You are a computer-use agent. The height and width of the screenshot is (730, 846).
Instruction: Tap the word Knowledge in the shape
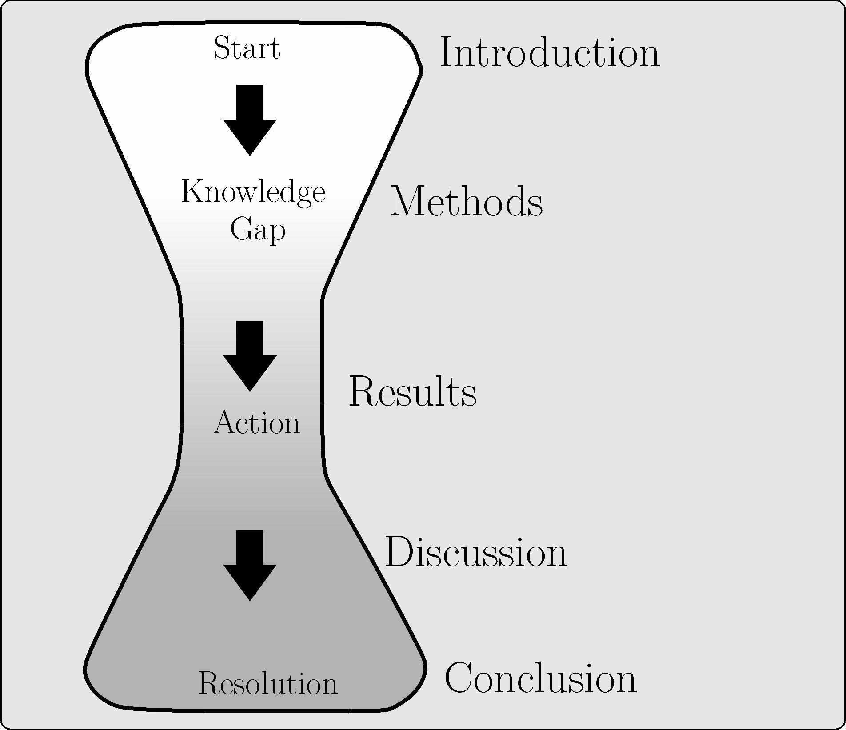tap(253, 192)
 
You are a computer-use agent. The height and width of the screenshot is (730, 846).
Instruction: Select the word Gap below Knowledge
tap(258, 230)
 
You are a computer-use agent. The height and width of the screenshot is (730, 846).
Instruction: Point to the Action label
tap(257, 423)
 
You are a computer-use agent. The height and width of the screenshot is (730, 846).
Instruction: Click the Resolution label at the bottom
tap(267, 683)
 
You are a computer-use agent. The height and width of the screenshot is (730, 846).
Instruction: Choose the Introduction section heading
tap(549, 53)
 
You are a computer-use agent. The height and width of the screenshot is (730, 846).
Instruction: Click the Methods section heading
tap(466, 202)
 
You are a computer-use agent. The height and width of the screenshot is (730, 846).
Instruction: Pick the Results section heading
tap(413, 392)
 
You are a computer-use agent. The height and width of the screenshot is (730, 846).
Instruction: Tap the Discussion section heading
tap(476, 552)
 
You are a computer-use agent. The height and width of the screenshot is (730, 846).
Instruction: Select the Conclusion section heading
tap(540, 678)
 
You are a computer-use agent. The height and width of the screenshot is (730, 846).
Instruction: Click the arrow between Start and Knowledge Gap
tap(250, 120)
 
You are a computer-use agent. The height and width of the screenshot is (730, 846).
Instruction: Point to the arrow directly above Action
tap(250, 356)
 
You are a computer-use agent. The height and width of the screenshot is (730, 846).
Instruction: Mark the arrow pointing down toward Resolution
tap(250, 565)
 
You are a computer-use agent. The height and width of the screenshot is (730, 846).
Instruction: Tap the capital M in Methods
tap(406, 202)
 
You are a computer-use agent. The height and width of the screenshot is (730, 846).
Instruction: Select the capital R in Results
tap(363, 392)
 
